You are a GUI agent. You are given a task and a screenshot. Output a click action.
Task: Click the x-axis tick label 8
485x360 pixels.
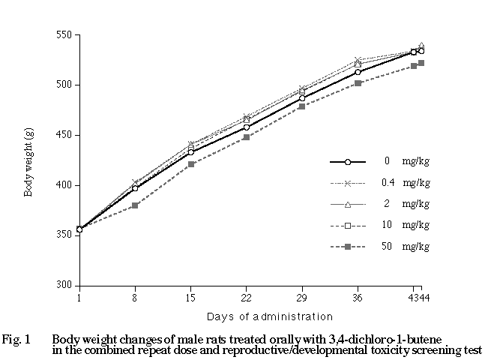pyautogui.click(x=135, y=298)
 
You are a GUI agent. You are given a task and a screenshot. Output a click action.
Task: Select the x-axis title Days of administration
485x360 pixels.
pyautogui.click(x=260, y=316)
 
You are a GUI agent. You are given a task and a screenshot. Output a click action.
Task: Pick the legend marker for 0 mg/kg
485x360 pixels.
pyautogui.click(x=347, y=161)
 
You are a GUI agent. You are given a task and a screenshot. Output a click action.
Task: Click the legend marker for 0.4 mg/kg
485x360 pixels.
pyautogui.click(x=347, y=182)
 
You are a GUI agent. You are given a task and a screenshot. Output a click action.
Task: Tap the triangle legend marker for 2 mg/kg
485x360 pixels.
pyautogui.click(x=347, y=203)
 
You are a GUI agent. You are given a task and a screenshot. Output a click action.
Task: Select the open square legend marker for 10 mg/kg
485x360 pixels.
pyautogui.click(x=347, y=225)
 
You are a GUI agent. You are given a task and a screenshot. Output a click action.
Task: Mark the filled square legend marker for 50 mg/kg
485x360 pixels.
pyautogui.click(x=347, y=246)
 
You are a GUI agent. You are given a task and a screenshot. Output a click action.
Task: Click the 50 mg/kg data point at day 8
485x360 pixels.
pyautogui.click(x=135, y=205)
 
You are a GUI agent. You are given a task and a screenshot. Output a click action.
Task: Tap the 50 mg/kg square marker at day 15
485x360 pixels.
pyautogui.click(x=191, y=164)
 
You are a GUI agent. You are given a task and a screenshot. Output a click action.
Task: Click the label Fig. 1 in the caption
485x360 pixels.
pyautogui.click(x=16, y=339)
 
